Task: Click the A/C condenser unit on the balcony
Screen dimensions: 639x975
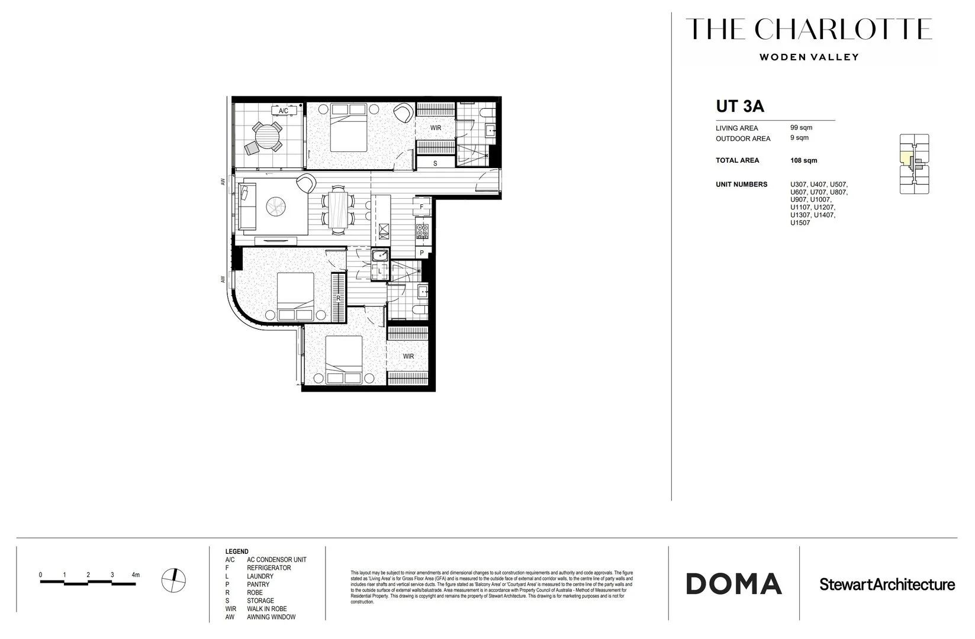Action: point(283,111)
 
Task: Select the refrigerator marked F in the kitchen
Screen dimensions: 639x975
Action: point(421,207)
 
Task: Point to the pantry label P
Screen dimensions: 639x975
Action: point(422,253)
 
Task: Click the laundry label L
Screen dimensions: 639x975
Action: point(379,272)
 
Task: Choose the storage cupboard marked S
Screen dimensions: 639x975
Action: point(435,163)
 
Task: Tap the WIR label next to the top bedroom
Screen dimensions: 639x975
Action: point(436,128)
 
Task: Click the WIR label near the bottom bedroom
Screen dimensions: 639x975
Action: point(408,356)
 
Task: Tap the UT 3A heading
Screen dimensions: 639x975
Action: point(739,106)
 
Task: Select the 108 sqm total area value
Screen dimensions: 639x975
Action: point(803,160)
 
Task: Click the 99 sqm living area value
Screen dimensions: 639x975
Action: point(801,127)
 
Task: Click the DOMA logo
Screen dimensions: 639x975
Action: point(734,584)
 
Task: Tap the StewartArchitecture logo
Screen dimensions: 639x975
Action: point(887,585)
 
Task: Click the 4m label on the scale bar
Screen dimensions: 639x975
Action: point(136,575)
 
